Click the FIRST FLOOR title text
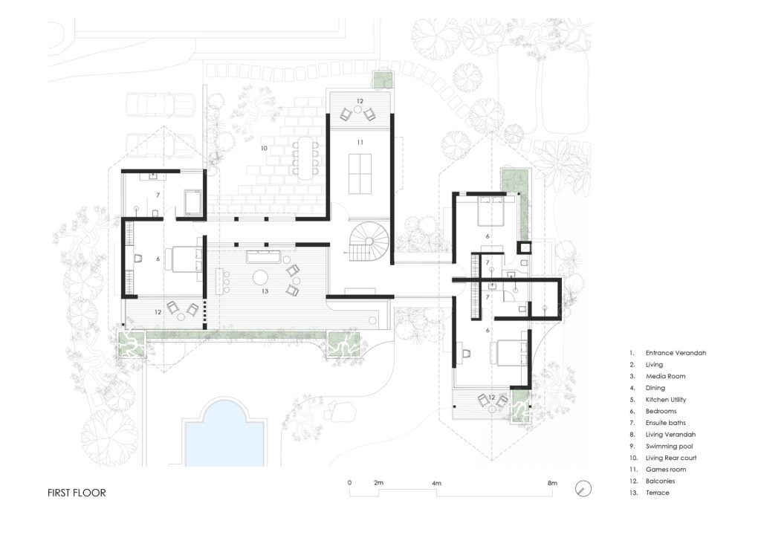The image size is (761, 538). click(77, 493)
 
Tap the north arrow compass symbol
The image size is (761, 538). click(583, 488)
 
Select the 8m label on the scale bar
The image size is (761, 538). click(552, 483)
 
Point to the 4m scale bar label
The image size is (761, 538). click(436, 483)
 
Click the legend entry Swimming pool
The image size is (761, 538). click(669, 447)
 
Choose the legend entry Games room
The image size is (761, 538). click(665, 470)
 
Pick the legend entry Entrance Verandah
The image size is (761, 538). click(676, 353)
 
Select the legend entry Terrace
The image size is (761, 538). click(657, 493)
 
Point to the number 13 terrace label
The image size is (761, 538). click(265, 291)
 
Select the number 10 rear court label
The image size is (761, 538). click(264, 149)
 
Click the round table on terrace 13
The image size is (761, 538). click(260, 278)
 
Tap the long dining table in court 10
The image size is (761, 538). click(305, 158)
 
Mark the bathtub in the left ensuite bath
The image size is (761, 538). click(194, 202)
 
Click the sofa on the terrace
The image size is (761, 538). click(261, 256)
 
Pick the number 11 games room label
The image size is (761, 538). click(360, 143)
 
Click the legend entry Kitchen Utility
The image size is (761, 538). click(666, 400)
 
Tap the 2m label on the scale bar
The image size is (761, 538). click(378, 483)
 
